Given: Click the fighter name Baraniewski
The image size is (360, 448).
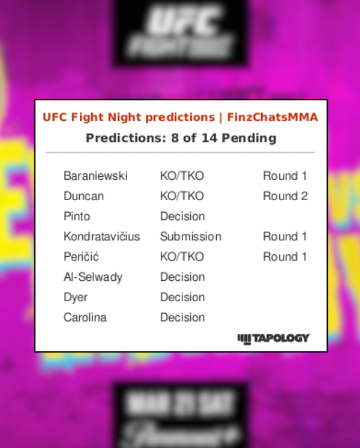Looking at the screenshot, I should click(95, 176).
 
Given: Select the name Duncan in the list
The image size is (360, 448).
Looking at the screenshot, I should click(84, 197).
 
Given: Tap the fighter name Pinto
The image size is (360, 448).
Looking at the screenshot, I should click(76, 216).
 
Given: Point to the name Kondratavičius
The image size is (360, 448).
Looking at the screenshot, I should click(102, 237).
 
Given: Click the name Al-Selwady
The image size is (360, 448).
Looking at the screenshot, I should click(93, 277).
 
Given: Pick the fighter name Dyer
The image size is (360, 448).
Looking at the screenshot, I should click(76, 298).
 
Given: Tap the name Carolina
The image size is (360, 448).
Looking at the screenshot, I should click(85, 318).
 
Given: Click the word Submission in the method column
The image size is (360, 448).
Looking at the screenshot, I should click(190, 237).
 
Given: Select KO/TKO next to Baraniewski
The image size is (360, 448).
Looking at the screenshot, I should click(182, 176).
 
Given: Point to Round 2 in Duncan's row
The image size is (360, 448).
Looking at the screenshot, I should click(285, 197).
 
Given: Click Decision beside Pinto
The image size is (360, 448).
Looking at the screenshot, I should click(182, 216).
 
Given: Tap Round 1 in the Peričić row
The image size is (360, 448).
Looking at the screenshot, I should click(285, 257).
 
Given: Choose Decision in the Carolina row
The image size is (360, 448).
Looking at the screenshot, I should click(182, 318).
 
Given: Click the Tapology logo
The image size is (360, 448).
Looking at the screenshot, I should click(273, 338).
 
